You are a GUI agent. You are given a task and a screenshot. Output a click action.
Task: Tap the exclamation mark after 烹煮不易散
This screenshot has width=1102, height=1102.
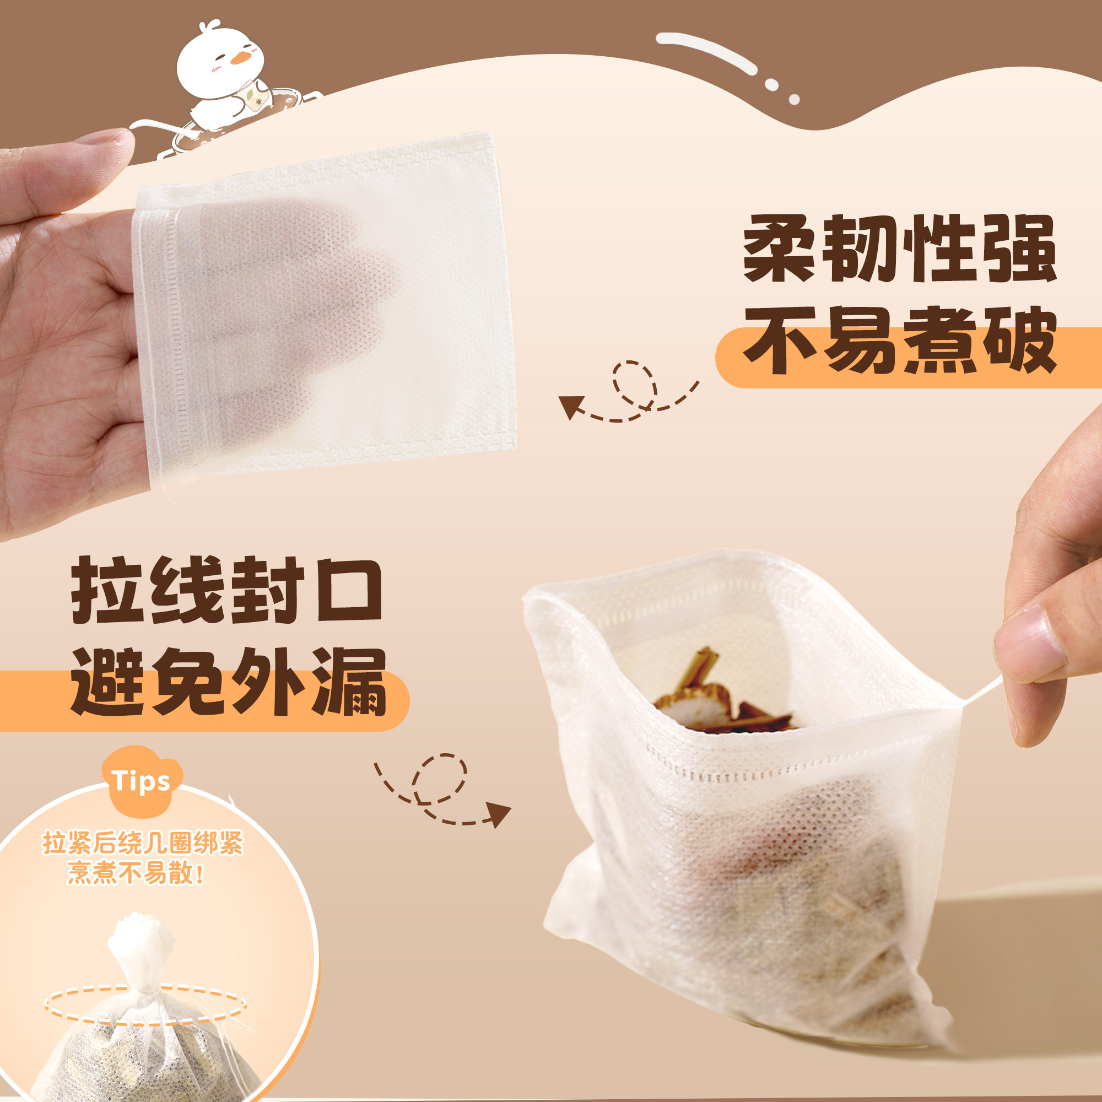(x=199, y=873)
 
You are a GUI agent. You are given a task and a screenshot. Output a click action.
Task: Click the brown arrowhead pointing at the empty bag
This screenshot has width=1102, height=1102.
(x=570, y=406)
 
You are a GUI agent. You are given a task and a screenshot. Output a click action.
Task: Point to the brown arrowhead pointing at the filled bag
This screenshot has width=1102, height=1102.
(x=499, y=814)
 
